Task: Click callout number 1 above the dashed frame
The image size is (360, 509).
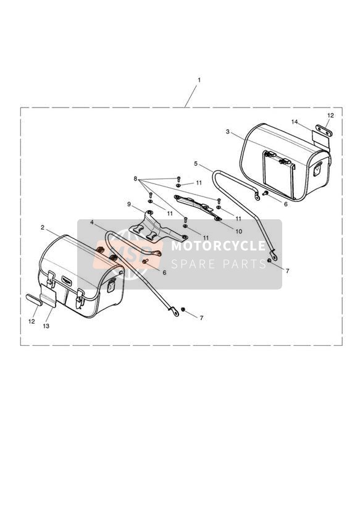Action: [199, 80]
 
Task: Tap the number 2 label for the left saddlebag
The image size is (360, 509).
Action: [43, 227]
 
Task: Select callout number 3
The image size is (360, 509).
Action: [228, 132]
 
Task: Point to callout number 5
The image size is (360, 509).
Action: [195, 164]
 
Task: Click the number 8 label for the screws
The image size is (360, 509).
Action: [135, 179]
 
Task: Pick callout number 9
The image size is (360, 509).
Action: [129, 204]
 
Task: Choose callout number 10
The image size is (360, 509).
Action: [238, 232]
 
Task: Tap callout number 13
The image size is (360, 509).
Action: [46, 326]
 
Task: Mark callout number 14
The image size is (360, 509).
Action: [295, 122]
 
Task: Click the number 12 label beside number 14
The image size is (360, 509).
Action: [330, 116]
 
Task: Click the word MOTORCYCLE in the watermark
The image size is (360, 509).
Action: [218, 246]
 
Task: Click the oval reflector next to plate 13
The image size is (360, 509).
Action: [34, 300]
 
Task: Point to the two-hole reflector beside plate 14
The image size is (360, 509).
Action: [324, 130]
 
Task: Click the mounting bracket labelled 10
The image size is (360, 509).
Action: [198, 207]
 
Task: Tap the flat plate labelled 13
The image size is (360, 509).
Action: [49, 295]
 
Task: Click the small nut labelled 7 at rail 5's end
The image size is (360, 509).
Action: [269, 261]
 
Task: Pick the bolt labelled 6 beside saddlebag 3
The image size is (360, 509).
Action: [265, 193]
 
